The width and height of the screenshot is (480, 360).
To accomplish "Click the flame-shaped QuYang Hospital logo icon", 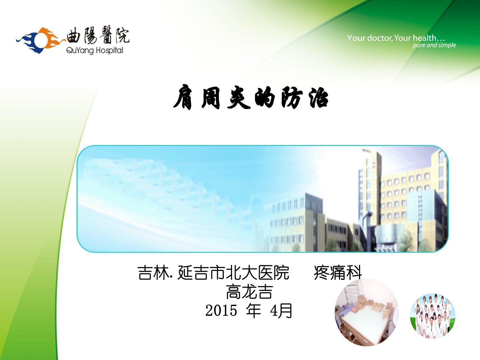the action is click(40, 40).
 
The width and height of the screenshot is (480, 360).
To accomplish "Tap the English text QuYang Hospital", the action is click(95, 51).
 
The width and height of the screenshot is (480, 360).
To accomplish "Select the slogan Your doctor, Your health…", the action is click(396, 38).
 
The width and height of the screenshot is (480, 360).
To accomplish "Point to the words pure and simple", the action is click(434, 45).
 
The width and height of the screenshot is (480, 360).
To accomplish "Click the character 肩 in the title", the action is click(183, 97).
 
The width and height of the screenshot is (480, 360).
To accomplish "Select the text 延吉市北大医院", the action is click(233, 273).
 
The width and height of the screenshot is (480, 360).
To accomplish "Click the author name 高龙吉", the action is click(250, 292).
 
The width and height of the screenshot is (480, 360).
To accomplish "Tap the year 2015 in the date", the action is click(221, 310).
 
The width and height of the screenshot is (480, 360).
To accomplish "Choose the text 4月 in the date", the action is click(281, 310).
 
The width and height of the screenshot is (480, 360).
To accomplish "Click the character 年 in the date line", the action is click(253, 310).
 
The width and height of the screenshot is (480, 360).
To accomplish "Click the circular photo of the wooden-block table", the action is click(367, 312).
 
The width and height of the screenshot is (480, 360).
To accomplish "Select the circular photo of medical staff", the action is click(433, 316).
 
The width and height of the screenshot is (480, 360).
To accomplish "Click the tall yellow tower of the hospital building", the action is click(372, 186).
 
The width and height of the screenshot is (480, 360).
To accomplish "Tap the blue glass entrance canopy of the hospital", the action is click(386, 232).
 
